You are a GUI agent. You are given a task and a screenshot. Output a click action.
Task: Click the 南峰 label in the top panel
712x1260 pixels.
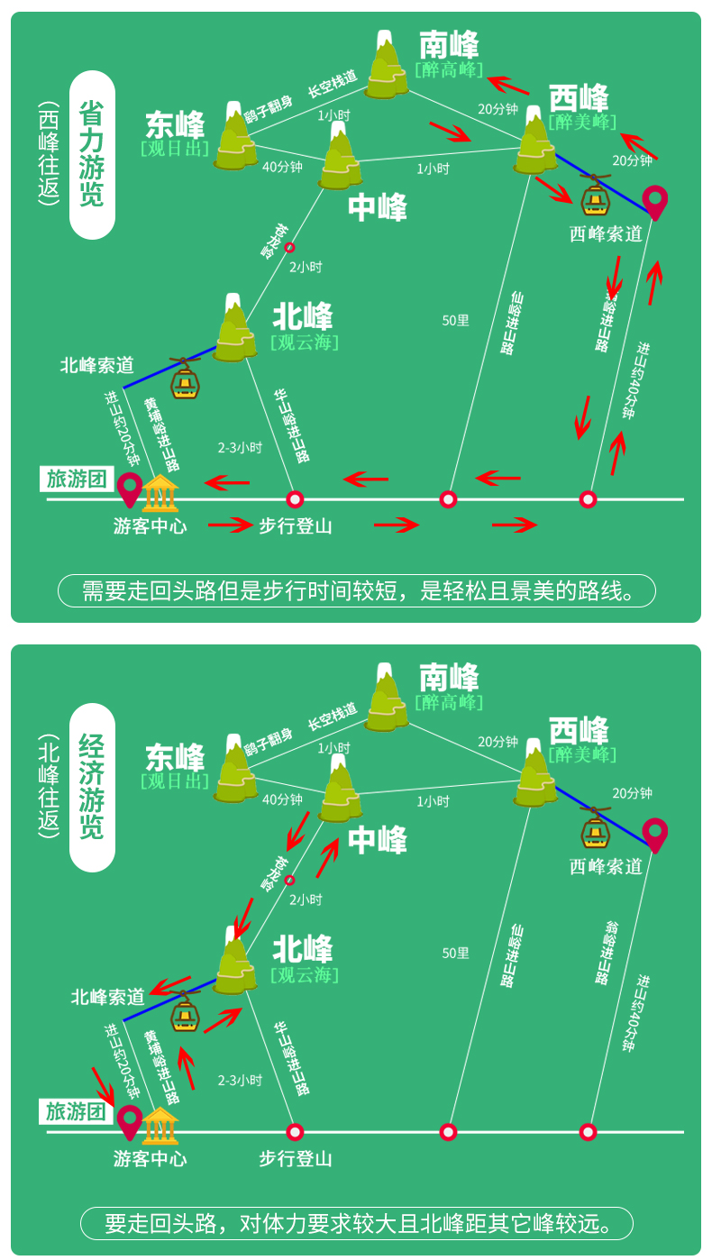point(449,46)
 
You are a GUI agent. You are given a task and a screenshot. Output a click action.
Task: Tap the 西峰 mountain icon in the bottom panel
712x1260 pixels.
point(535,775)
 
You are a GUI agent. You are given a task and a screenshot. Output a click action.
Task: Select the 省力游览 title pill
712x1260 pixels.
point(92,154)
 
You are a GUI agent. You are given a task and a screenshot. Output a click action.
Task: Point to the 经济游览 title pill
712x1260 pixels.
point(92,787)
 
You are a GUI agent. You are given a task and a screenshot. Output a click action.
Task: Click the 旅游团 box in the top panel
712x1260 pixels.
point(78,479)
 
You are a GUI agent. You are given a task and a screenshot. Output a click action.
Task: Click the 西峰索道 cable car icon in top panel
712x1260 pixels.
point(593,199)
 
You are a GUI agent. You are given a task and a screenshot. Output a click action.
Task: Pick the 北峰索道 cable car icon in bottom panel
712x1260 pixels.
point(186,1012)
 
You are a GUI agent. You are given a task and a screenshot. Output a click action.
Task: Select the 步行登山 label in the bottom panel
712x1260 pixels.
point(296,1159)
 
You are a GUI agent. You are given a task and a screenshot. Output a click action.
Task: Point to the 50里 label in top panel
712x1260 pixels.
point(455,320)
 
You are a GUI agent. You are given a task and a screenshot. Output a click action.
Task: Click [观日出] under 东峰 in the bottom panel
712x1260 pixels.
point(175,781)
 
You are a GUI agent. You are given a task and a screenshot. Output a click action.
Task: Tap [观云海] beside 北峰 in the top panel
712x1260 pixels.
point(305,342)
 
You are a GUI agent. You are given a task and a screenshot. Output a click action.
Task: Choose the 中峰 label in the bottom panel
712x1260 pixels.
point(378,840)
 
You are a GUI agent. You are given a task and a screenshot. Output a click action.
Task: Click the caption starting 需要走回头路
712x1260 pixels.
point(356,591)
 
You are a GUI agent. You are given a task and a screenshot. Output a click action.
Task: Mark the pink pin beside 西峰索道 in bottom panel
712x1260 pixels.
point(655,835)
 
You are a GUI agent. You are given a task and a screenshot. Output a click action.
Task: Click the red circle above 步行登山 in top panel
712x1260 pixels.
point(295,499)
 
